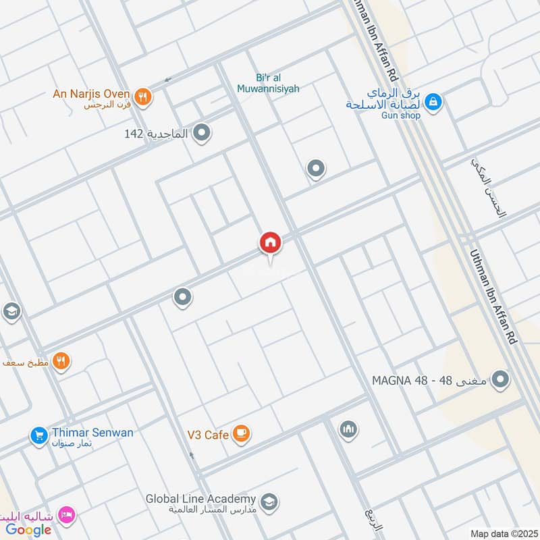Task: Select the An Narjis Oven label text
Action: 91,93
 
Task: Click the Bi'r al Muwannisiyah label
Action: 268,83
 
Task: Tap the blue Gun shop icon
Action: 433,102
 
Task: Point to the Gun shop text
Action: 401,115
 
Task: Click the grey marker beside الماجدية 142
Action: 201,134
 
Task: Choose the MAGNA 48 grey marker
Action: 500,380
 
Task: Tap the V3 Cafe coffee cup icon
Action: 241,434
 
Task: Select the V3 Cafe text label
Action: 208,435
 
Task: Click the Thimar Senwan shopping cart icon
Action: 38,435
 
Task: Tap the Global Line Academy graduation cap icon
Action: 269,502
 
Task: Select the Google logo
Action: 29,529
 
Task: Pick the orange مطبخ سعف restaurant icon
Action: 61,362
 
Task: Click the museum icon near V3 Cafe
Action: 348,429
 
